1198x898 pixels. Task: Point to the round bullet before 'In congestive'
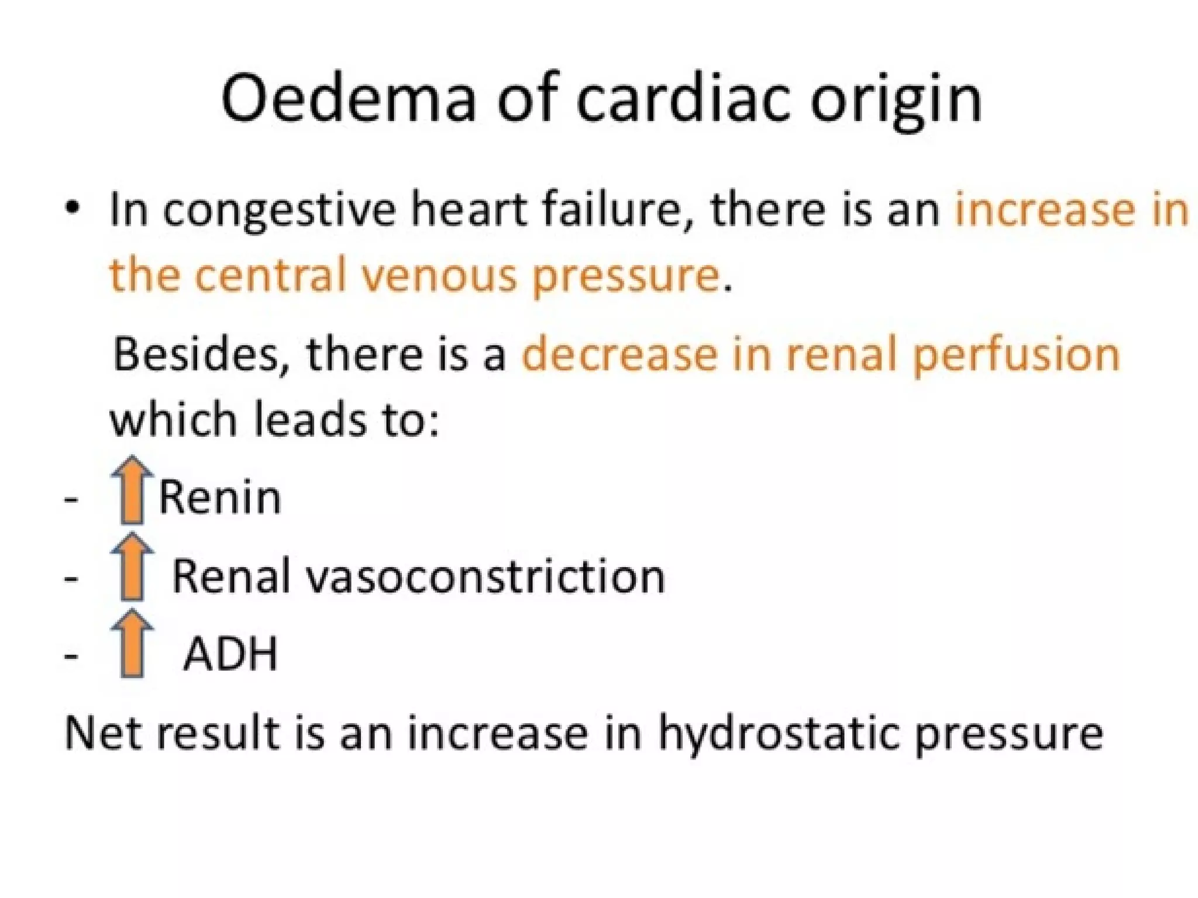pos(72,208)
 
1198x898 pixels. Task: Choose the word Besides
pos(196,354)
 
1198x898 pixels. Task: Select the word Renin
pos(220,498)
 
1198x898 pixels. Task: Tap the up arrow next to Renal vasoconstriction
pos(132,567)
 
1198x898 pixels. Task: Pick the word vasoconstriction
pos(485,576)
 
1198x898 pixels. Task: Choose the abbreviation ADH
pos(230,654)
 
